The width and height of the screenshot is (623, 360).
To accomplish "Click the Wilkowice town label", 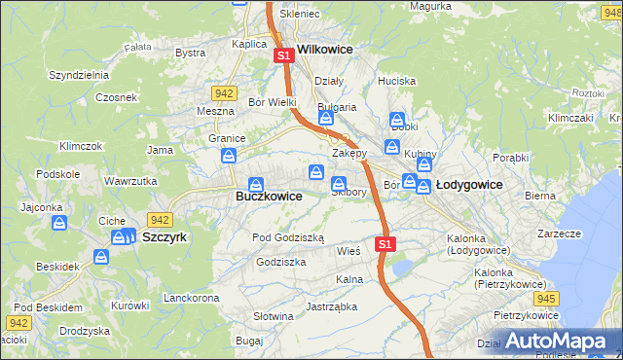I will (x=324, y=48).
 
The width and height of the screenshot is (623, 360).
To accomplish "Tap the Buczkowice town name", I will (x=269, y=196).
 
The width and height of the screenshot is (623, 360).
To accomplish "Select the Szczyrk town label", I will (x=164, y=236).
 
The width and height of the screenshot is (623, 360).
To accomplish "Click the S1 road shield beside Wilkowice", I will (x=284, y=56).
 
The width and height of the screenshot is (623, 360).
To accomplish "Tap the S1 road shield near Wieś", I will (x=386, y=243).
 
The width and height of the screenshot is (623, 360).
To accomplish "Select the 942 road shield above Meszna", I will (x=224, y=93).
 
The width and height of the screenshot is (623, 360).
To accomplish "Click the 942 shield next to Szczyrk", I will (x=160, y=220).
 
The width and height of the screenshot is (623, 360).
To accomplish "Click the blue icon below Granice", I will (x=230, y=156).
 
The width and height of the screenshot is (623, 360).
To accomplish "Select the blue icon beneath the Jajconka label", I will (x=59, y=224).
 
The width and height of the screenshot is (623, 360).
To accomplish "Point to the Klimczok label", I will (x=81, y=146).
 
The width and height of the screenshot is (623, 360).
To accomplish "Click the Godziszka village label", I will (x=281, y=262).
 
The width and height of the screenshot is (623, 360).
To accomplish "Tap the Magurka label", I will (x=429, y=6).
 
